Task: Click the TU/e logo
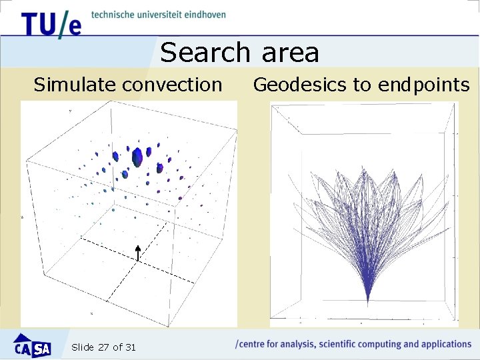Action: [x=51, y=25]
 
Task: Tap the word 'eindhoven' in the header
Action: [x=203, y=15]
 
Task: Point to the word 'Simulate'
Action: [x=76, y=85]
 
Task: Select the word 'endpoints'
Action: [x=423, y=85]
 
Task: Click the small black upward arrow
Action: [x=137, y=253]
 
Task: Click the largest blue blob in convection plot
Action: [x=138, y=157]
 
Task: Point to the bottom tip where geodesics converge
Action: [x=368, y=303]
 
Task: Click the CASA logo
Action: [x=33, y=347]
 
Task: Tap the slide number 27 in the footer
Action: [x=103, y=347]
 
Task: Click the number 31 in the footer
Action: [x=130, y=347]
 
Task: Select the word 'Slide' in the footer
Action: [x=82, y=347]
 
